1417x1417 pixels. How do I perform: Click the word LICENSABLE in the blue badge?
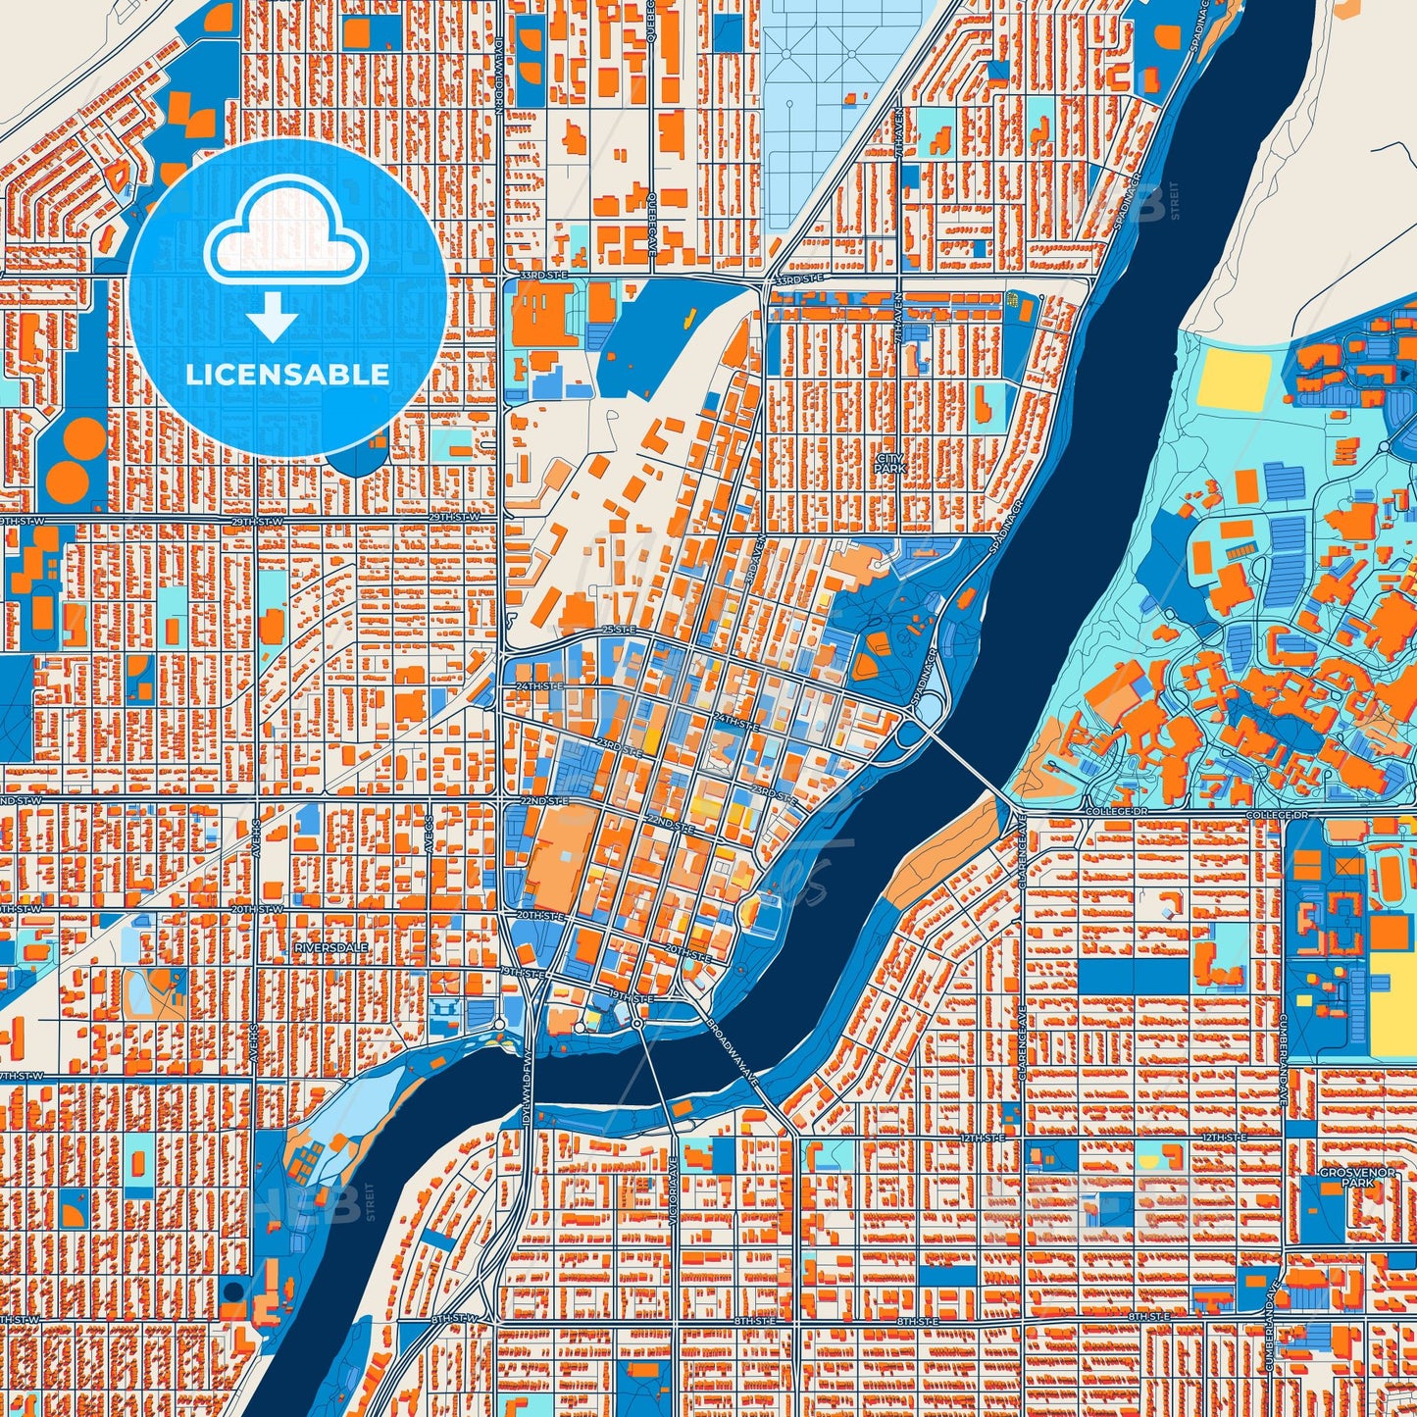287,375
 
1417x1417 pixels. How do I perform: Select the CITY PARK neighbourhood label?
890,464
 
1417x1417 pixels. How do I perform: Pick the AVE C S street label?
430,833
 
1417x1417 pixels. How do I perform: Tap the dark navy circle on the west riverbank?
233,1290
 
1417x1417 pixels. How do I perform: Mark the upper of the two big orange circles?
83,436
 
